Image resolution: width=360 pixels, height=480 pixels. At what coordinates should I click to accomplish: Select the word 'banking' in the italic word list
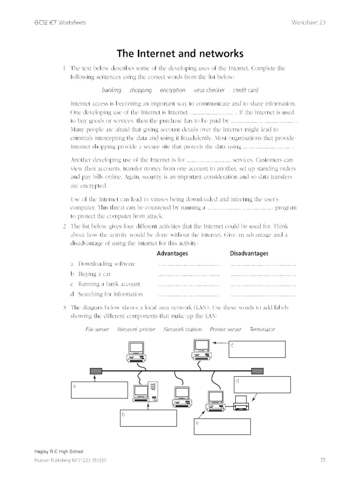pos(112,90)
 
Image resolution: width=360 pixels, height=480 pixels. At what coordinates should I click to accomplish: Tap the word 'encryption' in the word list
pos(172,90)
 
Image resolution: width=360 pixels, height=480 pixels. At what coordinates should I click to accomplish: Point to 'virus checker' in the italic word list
pos(209,90)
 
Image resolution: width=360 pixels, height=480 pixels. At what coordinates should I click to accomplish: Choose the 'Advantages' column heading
pos(172,254)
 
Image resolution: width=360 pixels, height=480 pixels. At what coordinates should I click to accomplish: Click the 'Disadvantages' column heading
pos(249,254)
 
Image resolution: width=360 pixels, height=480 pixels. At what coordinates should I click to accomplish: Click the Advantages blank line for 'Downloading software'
pos(188,265)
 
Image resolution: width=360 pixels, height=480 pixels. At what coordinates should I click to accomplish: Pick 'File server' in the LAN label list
pos(97,330)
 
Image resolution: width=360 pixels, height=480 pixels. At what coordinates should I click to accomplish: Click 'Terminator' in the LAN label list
pos(262,330)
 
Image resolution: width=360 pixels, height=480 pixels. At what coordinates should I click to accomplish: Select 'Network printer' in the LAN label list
pos(136,330)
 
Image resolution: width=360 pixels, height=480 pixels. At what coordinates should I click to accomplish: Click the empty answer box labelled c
pos(257,349)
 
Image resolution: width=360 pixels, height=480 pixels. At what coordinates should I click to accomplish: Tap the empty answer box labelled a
pos(99,390)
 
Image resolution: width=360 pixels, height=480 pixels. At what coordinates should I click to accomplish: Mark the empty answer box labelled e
pos(222,427)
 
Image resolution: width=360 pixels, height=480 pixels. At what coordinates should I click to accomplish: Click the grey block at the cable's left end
pos(96,371)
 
